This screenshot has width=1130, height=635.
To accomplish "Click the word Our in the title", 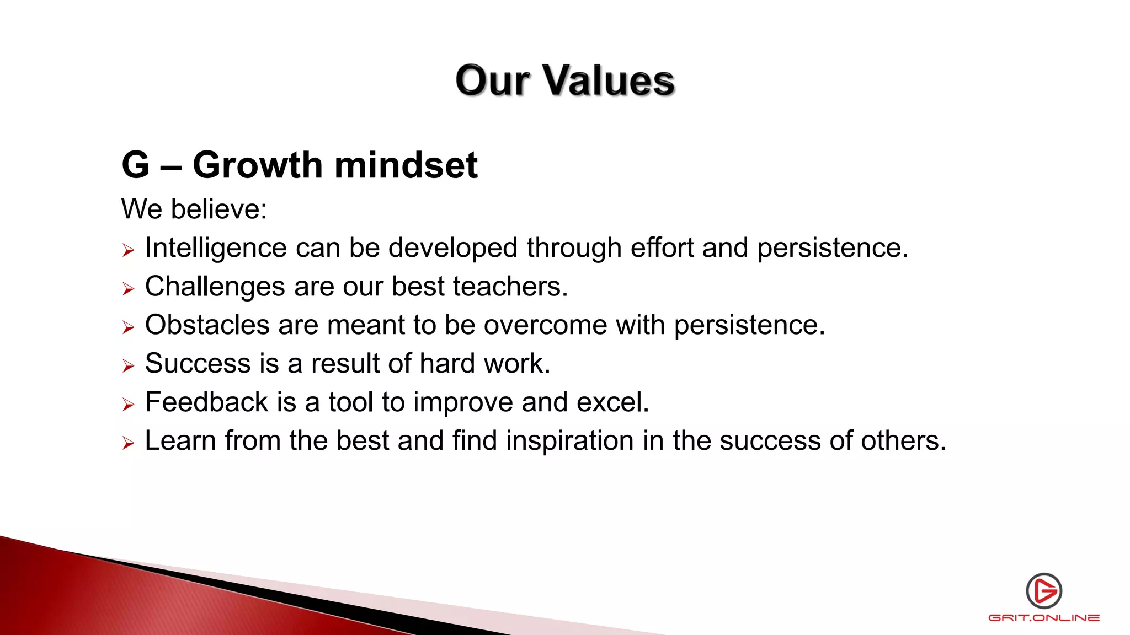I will coord(493,80).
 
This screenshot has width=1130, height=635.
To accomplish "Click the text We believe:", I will coord(194,209).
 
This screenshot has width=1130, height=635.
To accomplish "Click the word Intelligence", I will coord(215,248).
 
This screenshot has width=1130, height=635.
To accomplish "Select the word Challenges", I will coord(215,287).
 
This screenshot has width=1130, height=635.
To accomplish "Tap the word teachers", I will coord(510,287).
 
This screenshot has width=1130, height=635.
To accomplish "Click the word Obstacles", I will coord(207,325).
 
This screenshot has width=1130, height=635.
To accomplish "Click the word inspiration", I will coord(569,441).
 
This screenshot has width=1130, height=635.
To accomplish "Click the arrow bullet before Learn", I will coord(128,443).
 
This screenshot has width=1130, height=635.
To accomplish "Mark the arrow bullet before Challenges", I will coord(128,289).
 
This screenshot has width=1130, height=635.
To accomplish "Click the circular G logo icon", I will coord(1044,591).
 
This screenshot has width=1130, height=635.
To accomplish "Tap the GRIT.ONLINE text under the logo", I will coord(1044,618).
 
